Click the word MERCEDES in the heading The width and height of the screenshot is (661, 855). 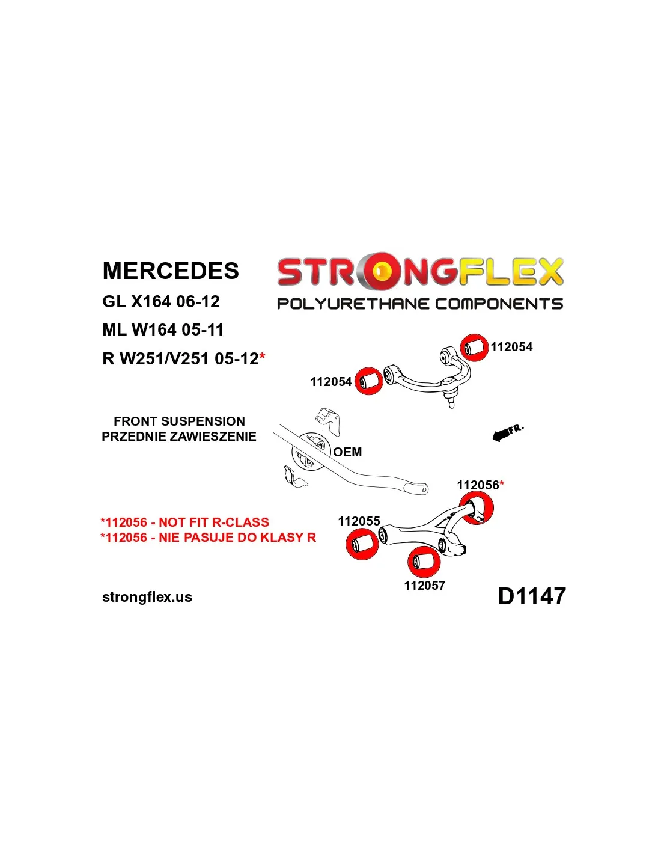tap(171, 271)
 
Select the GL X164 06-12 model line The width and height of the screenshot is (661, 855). tap(161, 301)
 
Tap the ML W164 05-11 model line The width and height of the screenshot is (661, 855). tap(163, 330)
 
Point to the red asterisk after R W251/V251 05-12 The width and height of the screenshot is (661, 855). tap(262, 358)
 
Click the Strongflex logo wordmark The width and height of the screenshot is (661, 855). tap(420, 272)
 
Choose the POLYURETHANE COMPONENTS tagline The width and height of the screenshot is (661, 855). tap(420, 304)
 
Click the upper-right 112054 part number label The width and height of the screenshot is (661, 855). tap(511, 347)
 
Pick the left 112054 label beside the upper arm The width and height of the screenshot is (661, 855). tap(330, 382)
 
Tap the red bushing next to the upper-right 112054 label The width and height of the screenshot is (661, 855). tap(475, 348)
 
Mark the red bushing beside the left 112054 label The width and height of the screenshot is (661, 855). tap(368, 381)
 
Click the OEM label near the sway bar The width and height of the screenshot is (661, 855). tap(347, 452)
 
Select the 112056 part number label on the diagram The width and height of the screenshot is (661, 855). tap(478, 485)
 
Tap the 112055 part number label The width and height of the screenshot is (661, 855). tap(359, 521)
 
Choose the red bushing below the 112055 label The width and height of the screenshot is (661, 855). tap(362, 545)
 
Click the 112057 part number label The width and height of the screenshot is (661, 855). tap(424, 586)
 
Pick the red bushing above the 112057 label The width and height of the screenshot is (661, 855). tap(424, 562)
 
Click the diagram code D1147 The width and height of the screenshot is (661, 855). tap(532, 596)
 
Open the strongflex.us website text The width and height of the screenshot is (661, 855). tap(147, 597)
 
